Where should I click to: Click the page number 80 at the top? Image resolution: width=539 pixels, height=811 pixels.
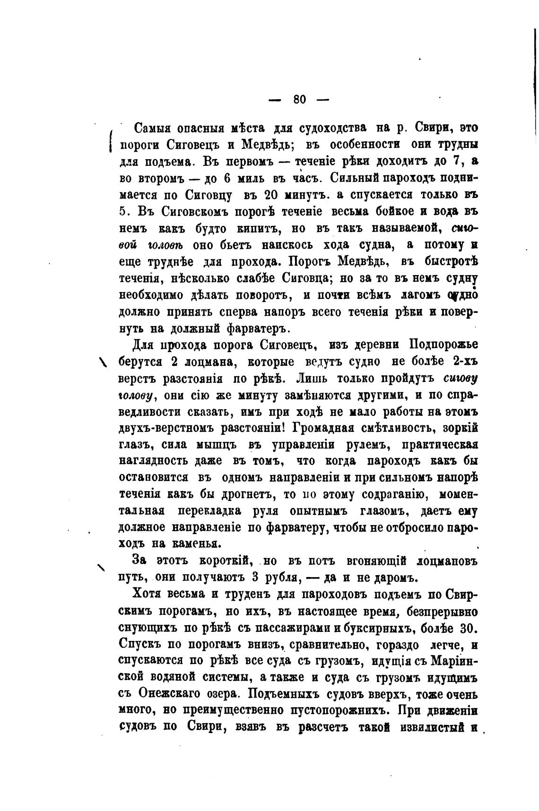click(x=300, y=99)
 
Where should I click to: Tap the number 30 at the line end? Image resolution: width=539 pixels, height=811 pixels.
click(x=467, y=628)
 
